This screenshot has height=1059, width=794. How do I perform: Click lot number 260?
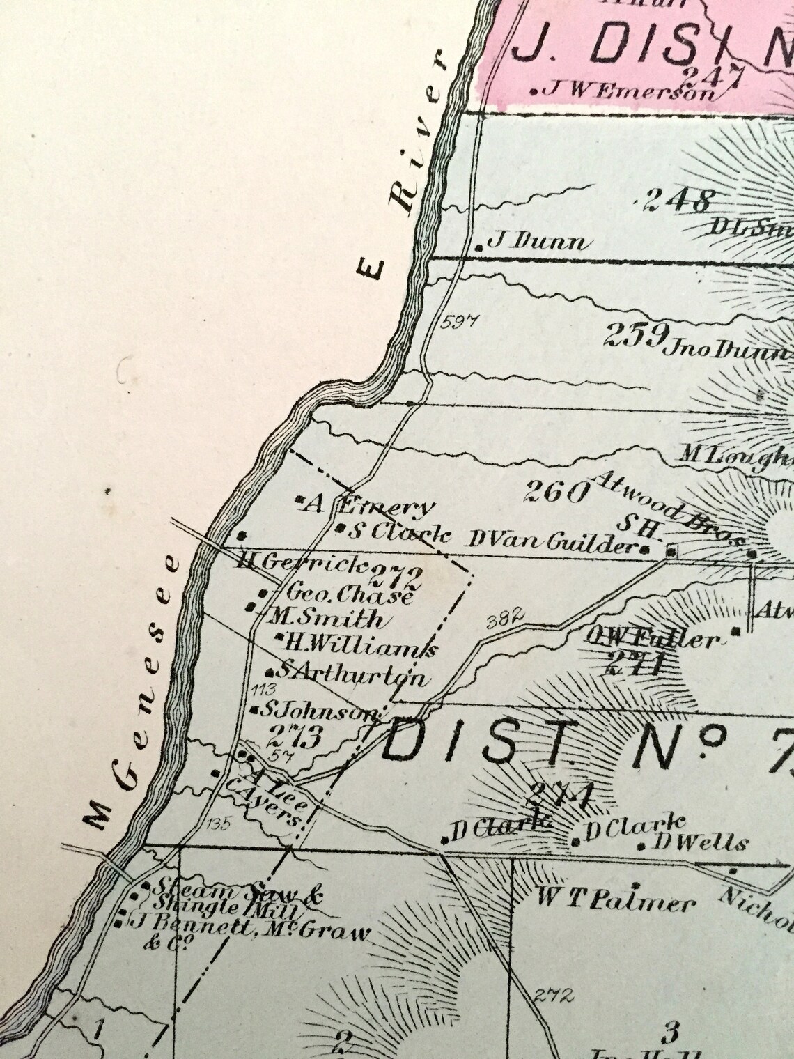click(555, 493)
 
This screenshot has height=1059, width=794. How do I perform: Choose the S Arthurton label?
click(352, 674)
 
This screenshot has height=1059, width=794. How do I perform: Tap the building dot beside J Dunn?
click(479, 247)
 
